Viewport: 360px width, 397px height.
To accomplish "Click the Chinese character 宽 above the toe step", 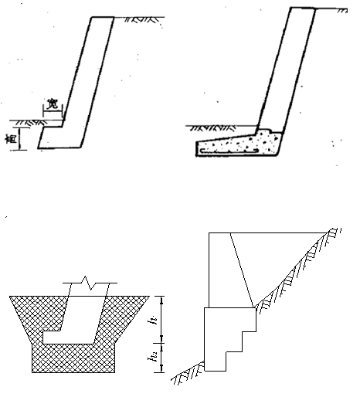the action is (53, 103).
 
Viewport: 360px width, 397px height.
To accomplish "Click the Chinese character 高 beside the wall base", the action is (12, 139).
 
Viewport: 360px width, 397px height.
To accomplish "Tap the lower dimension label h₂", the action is (153, 358).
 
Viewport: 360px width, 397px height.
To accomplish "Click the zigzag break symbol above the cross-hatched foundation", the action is (90, 283).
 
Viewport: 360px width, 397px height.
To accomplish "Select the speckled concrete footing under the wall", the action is (239, 144).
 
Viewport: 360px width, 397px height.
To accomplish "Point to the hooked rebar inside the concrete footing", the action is (229, 151).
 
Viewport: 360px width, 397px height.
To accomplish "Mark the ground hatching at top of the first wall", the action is (141, 19).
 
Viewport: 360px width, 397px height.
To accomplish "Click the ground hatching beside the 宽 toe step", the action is (30, 123).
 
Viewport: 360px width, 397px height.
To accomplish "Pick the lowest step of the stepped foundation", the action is (216, 361).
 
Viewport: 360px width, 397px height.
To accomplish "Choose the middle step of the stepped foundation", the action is (234, 341).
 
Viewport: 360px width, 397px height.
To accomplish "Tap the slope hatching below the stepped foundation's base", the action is (188, 373).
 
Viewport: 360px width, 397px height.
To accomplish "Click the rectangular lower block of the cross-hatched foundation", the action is (73, 358).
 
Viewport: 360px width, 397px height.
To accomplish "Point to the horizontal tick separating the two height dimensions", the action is (161, 343).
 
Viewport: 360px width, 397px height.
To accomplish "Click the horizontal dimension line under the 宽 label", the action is (53, 111).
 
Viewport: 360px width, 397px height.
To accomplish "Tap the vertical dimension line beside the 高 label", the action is (20, 138).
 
